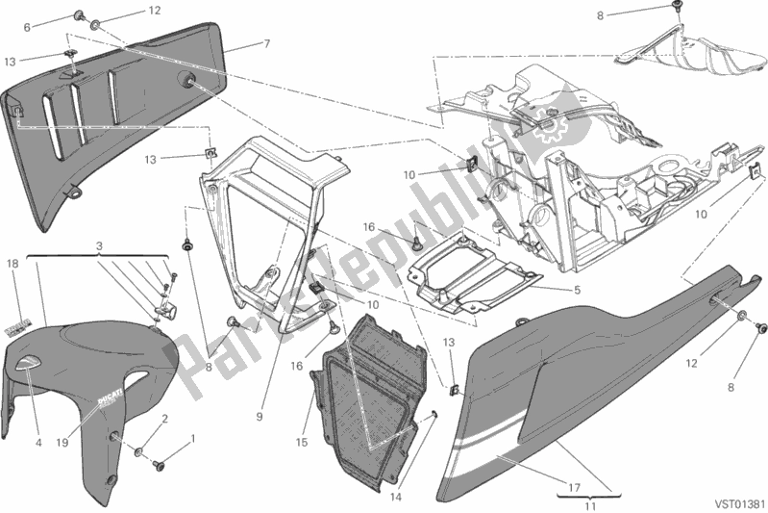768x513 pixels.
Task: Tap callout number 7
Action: click(x=267, y=43)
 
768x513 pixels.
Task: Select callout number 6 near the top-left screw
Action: click(x=27, y=28)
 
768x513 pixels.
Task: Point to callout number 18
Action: click(x=12, y=264)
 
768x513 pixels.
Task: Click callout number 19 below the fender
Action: click(x=62, y=443)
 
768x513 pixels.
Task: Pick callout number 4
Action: click(x=38, y=443)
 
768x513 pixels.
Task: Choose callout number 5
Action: click(x=577, y=290)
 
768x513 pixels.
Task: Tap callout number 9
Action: click(x=260, y=417)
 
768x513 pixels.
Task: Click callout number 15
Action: click(x=302, y=442)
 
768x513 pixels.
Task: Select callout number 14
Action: click(x=396, y=497)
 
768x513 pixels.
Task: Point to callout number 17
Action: click(x=575, y=488)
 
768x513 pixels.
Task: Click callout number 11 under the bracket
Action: click(x=591, y=506)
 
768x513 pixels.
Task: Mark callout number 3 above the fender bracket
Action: click(x=99, y=246)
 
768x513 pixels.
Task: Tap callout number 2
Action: click(x=165, y=419)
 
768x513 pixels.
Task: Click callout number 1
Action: click(x=192, y=438)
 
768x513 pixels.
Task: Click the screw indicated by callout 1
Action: click(x=158, y=464)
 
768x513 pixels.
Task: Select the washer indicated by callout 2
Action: click(x=138, y=451)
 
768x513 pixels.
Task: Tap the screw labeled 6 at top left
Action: click(x=78, y=17)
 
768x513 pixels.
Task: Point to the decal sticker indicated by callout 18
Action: click(x=18, y=326)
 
